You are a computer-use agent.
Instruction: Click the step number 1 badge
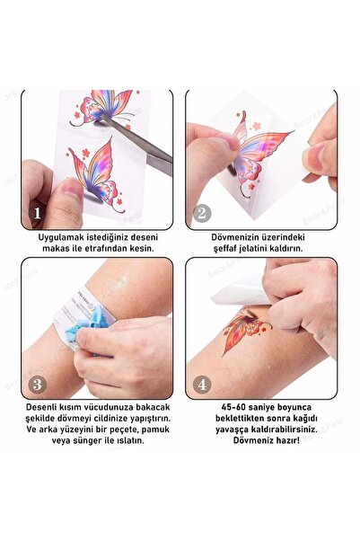[x=37, y=213]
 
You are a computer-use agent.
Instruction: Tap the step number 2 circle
[x=202, y=213]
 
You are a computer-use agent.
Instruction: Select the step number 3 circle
[x=37, y=385]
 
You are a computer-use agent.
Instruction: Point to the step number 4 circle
[x=202, y=385]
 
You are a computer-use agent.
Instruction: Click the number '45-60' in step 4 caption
[x=233, y=407]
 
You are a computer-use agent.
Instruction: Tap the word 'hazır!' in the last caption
[x=286, y=440]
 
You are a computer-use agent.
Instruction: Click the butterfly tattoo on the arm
[x=247, y=330]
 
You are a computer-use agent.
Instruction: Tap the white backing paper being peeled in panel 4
[x=240, y=291]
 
